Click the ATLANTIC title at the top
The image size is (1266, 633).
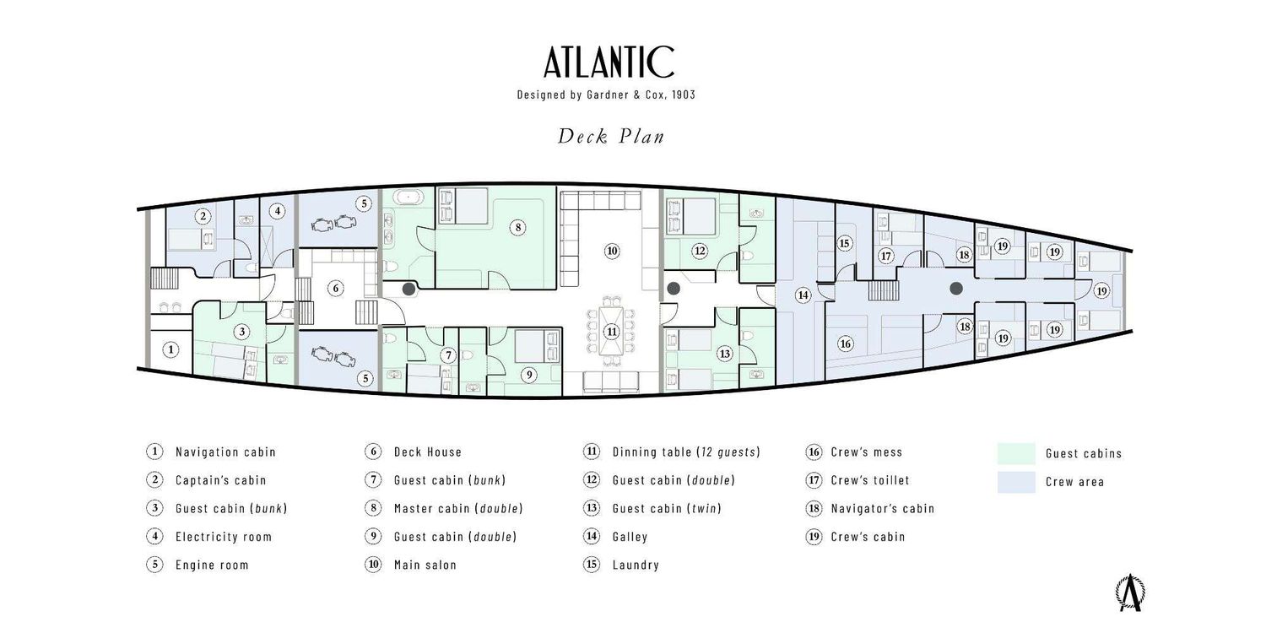pos(609,62)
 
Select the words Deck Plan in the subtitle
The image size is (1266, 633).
pos(610,137)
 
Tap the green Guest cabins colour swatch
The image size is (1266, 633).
pos(1016,453)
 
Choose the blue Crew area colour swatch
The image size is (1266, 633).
pos(1016,482)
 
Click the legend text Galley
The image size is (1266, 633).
pos(630,537)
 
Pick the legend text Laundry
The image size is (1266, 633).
pos(636,565)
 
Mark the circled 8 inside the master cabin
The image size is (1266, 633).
pos(517,227)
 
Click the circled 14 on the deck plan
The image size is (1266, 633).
pos(803,295)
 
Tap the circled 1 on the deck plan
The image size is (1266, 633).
pos(171,349)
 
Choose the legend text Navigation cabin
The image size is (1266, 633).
pos(225,452)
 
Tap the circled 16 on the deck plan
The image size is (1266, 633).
pos(845,344)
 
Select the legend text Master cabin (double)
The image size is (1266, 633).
pos(458,508)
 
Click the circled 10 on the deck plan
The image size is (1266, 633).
pos(612,251)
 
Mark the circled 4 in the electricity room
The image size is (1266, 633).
pos(278,211)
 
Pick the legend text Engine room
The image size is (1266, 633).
pos(212,565)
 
